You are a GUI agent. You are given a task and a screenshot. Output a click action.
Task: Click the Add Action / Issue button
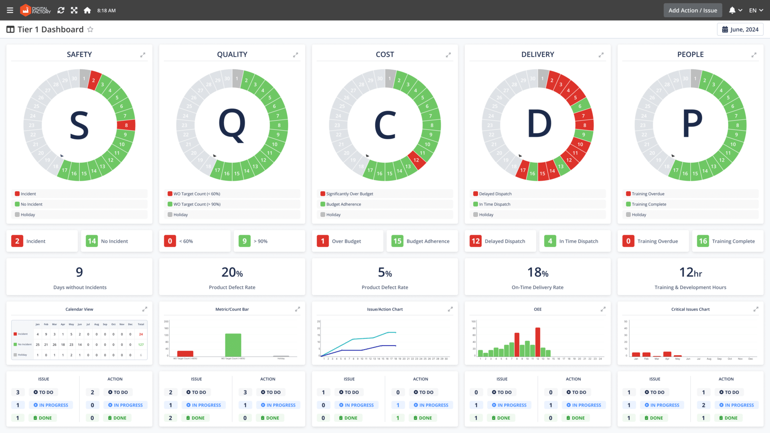click(x=693, y=10)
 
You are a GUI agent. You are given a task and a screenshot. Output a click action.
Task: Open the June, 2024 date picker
click(x=740, y=29)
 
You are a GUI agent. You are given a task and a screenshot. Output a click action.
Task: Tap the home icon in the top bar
click(x=87, y=10)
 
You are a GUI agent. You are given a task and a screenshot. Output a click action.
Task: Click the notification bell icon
click(x=732, y=10)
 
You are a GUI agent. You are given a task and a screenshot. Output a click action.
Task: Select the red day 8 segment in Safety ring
click(x=126, y=125)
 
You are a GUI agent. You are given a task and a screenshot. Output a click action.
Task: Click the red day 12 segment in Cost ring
click(x=416, y=160)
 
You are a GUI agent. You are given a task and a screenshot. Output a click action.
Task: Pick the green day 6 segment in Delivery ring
click(x=580, y=106)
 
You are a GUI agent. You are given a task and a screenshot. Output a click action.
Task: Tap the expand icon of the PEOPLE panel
click(x=754, y=55)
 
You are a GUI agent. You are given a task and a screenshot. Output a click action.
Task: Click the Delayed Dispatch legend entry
click(x=495, y=194)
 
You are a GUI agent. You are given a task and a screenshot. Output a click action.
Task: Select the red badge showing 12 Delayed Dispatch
click(x=476, y=241)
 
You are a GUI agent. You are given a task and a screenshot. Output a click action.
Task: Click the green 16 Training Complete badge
click(x=703, y=241)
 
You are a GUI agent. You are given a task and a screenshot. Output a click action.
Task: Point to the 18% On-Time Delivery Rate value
click(x=537, y=273)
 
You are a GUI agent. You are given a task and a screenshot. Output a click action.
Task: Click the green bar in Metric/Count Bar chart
click(x=233, y=345)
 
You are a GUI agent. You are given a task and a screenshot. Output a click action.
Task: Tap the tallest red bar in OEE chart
click(x=537, y=342)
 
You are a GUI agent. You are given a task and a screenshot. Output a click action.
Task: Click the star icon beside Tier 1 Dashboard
click(x=90, y=29)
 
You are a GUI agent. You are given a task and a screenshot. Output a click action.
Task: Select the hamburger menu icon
click(x=10, y=10)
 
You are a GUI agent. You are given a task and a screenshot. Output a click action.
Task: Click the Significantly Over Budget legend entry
click(x=349, y=194)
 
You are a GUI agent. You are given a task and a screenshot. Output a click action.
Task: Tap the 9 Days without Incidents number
click(x=79, y=273)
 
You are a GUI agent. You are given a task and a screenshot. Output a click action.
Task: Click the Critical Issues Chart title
click(x=690, y=309)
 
